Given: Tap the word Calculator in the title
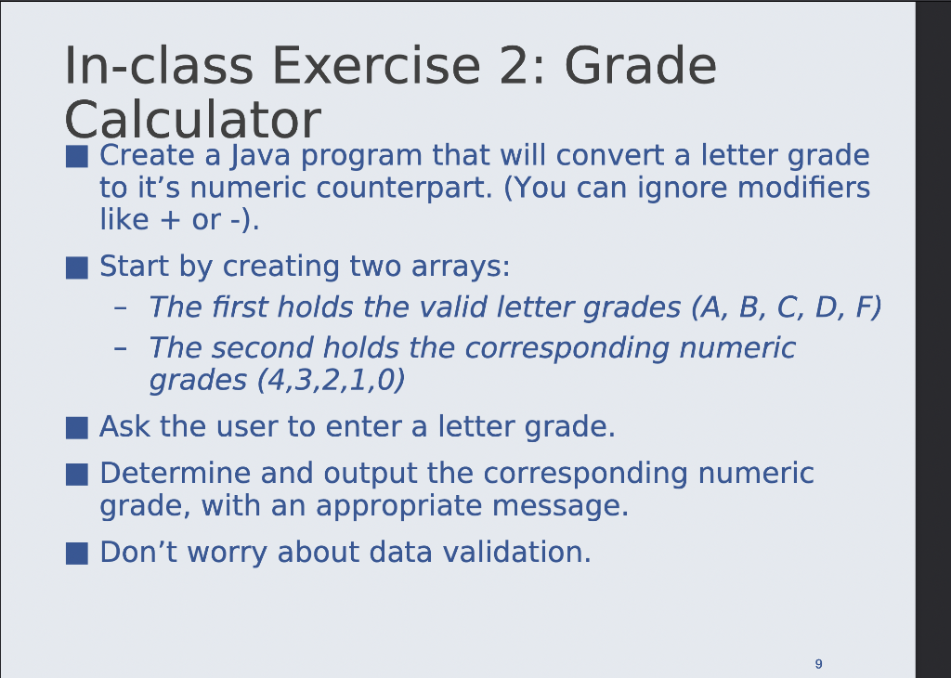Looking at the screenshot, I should point(192,121).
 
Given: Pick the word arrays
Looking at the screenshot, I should point(461,267).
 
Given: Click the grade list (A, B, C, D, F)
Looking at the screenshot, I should point(785,306).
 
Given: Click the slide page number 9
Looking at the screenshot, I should point(817,663).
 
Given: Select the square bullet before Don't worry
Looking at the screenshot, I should point(77,554).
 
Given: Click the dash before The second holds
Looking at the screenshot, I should point(120,348).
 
